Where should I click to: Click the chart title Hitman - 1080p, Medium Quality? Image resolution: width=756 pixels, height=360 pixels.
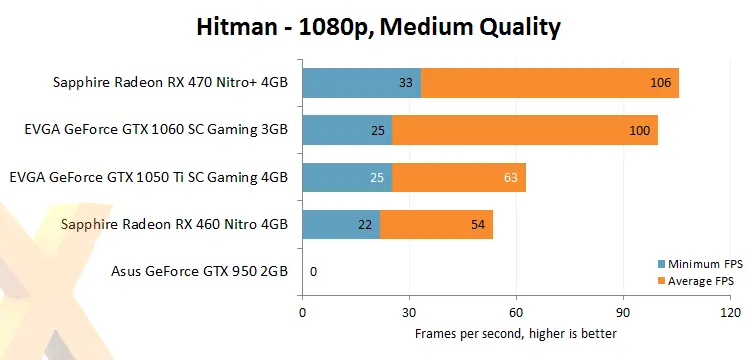377,27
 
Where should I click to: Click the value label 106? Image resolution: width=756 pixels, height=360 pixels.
661,83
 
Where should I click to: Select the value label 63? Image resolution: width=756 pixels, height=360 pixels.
510,177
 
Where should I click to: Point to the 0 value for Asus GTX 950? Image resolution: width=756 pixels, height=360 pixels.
314,271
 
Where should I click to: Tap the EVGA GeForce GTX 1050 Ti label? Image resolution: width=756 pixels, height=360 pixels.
148,177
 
